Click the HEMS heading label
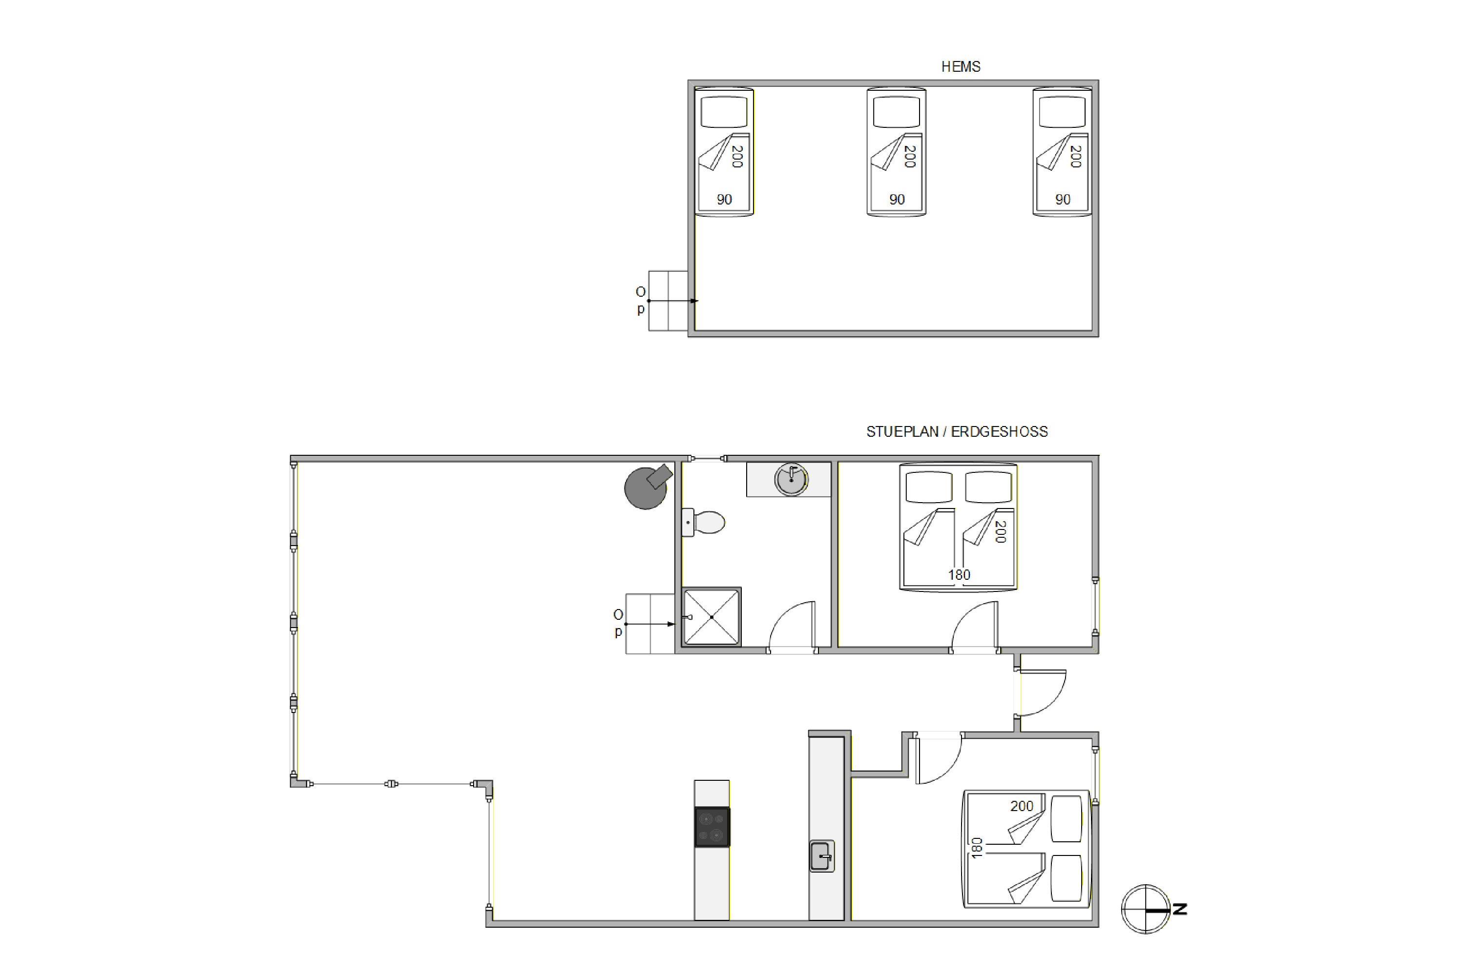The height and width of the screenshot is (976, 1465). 961,66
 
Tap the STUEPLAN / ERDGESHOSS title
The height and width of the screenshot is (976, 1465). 957,431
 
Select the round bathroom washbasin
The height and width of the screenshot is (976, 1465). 791,480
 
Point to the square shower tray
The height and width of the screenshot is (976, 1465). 712,617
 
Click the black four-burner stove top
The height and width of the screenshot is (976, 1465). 712,827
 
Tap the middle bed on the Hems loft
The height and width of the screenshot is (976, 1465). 896,152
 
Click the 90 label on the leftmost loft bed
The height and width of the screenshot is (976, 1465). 724,200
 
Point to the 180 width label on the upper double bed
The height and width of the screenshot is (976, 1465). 959,574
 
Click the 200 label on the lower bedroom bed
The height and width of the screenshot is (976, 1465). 1022,806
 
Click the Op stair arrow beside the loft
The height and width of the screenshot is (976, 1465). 673,301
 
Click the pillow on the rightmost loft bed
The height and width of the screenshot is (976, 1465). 1062,113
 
